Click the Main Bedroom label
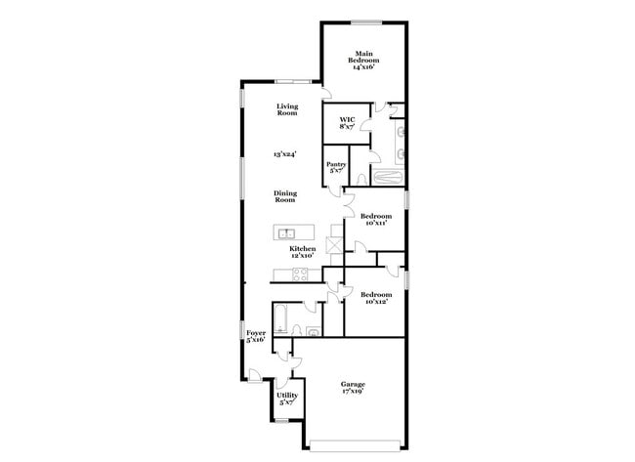coord(364,59)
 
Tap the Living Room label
coord(286,109)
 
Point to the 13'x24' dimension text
coord(284,153)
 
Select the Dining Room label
coord(284,196)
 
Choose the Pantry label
coord(336,167)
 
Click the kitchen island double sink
coord(286,233)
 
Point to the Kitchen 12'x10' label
coord(303,253)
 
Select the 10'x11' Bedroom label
coord(376,219)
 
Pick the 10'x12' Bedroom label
coord(376,298)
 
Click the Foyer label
coord(256,337)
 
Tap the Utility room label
coord(288,399)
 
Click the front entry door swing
coord(255,375)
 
